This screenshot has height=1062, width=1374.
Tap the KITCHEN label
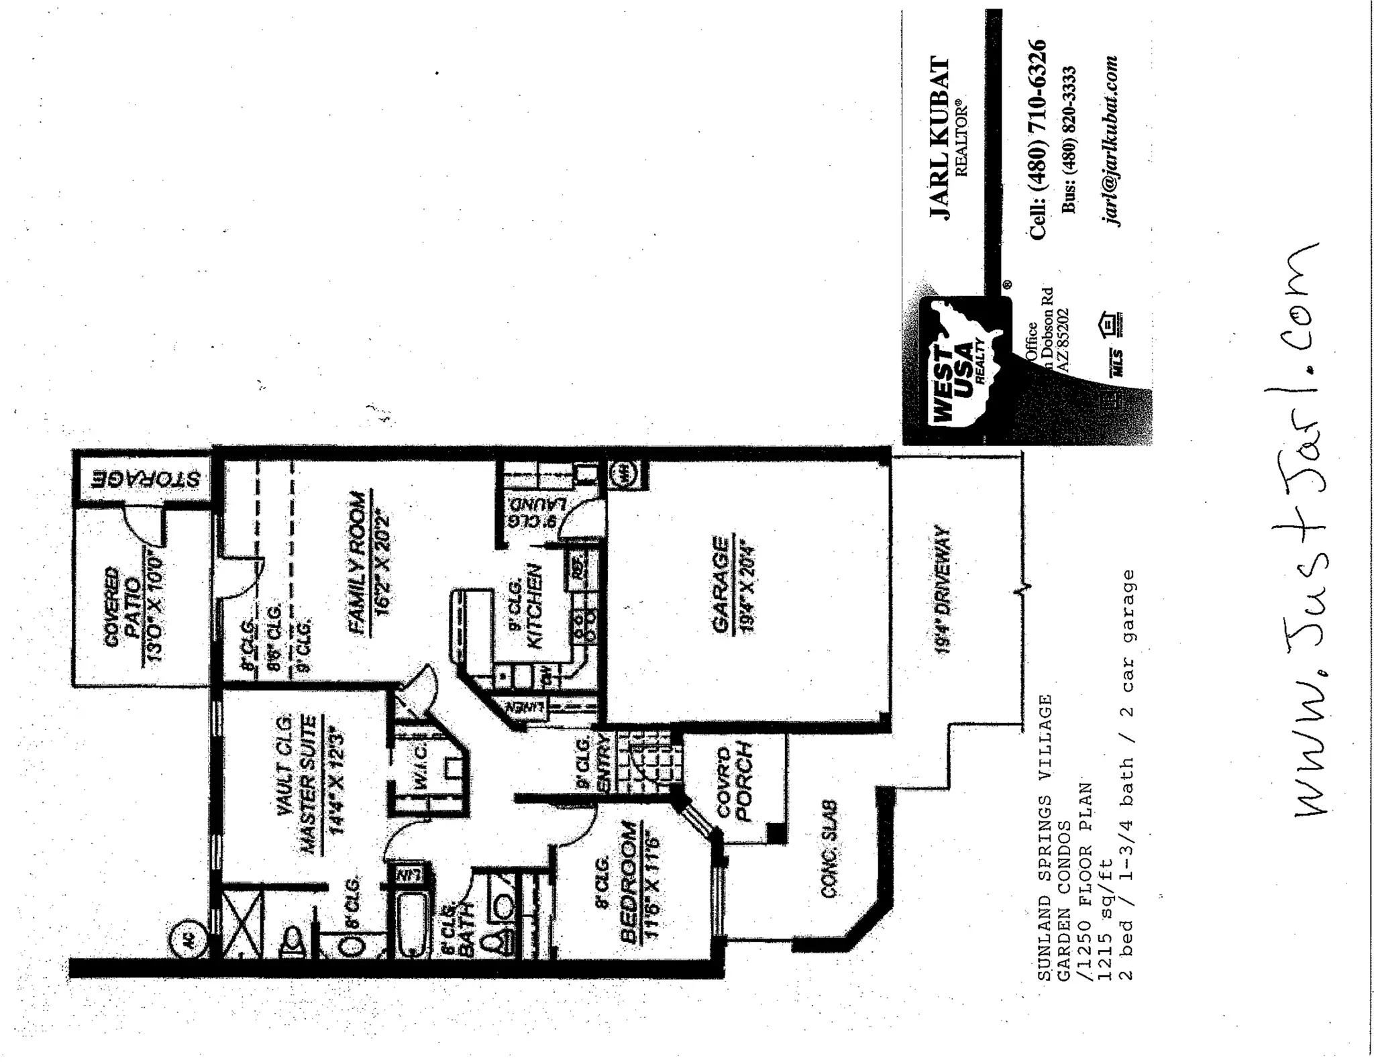[535, 606]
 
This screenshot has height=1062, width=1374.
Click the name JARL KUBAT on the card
[940, 139]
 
